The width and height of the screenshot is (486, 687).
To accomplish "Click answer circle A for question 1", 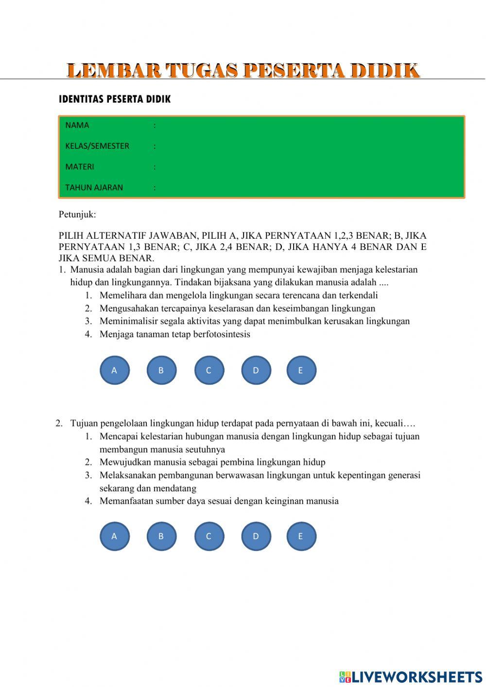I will tap(115, 370).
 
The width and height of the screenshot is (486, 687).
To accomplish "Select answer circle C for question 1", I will tap(209, 370).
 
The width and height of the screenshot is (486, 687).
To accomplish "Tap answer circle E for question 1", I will tap(301, 370).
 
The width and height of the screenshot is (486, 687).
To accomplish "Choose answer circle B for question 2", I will tap(161, 536).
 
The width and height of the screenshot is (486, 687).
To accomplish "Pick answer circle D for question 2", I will tap(256, 536).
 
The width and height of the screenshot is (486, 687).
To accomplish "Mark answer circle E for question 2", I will tap(301, 536).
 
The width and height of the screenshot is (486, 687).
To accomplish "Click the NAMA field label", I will tap(77, 125).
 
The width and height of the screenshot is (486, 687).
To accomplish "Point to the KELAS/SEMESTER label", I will tap(97, 146).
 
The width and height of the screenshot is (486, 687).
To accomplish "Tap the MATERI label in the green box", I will tap(80, 167).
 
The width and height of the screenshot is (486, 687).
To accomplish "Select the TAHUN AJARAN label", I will tap(94, 188).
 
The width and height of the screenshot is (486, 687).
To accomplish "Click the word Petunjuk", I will tap(77, 214).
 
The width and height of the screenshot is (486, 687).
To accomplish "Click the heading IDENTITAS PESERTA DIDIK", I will tap(115, 99).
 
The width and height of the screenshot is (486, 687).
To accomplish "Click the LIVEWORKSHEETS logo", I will tap(410, 677).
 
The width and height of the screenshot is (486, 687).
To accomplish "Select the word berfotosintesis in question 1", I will tap(222, 335).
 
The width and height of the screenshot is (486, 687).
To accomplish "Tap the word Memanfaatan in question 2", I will tap(125, 501).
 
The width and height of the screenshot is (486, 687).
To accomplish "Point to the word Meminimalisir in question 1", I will tap(128, 321).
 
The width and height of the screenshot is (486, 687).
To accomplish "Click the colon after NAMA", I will tap(155, 125).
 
